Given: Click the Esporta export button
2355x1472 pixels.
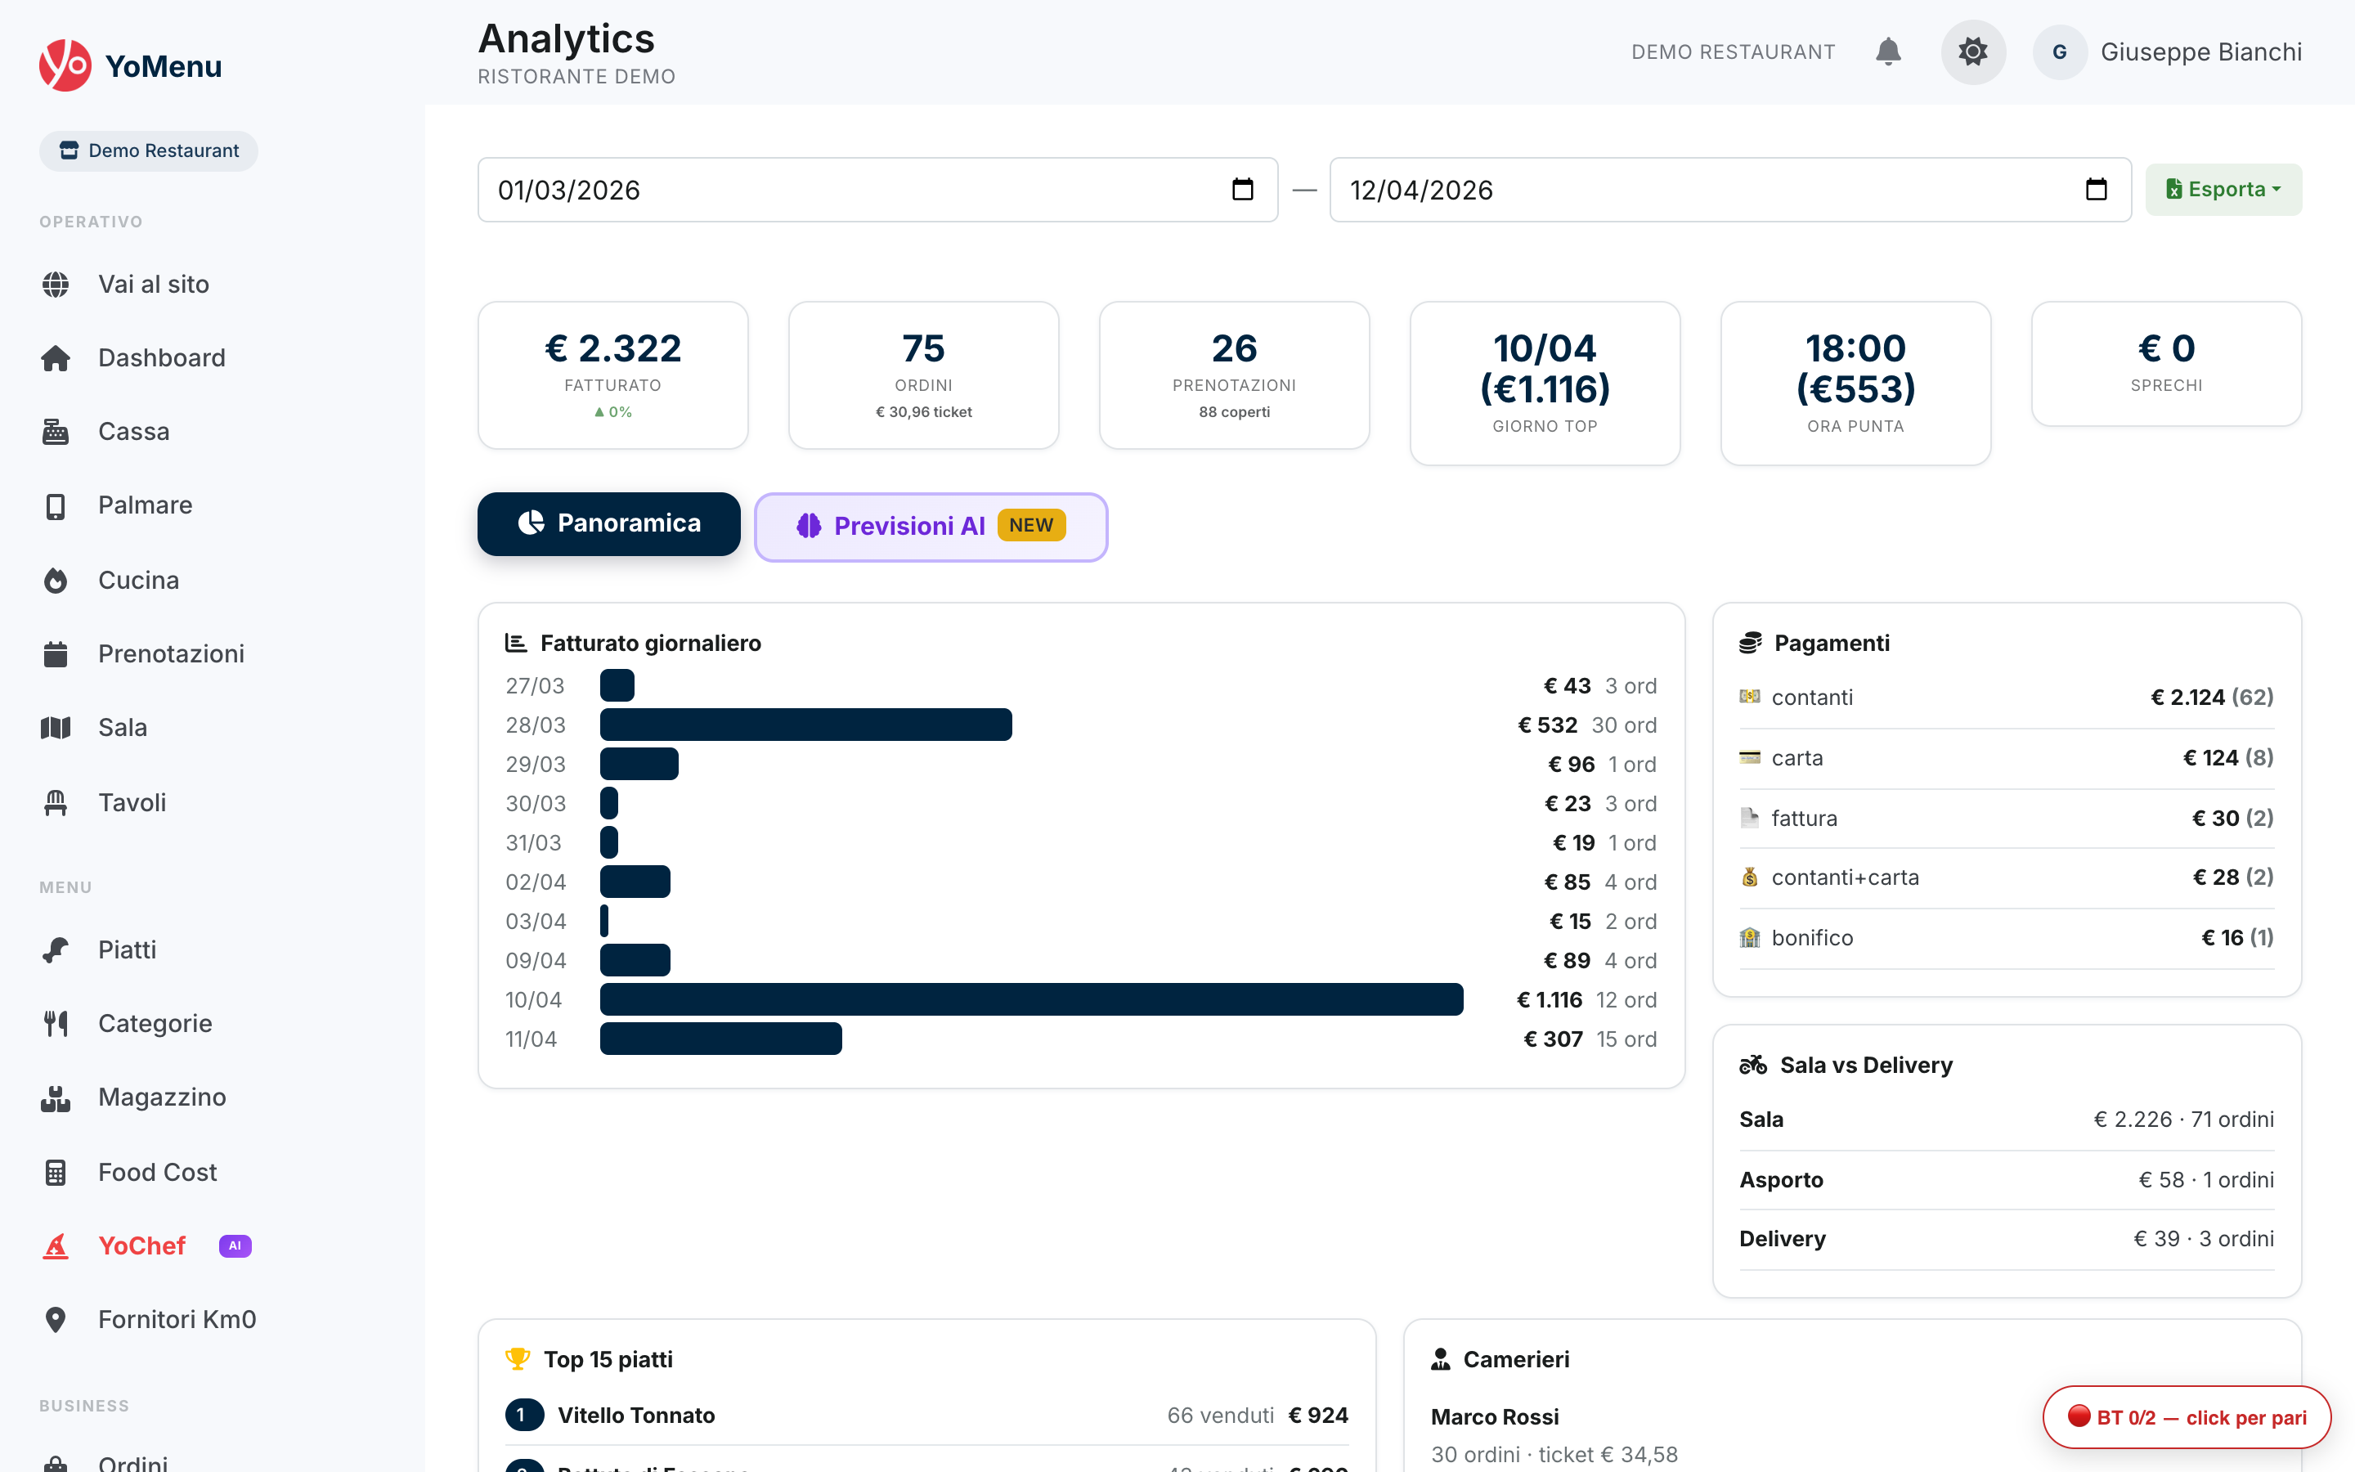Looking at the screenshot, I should [x=2223, y=189].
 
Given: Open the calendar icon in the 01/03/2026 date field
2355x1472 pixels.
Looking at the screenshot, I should [x=1242, y=189].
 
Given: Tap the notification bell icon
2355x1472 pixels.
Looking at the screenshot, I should [x=1888, y=52].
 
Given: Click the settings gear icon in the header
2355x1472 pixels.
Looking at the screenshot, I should [x=1972, y=52].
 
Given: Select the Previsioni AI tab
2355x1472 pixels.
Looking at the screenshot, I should [x=931, y=527].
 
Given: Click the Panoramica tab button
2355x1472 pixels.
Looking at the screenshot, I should [x=608, y=523].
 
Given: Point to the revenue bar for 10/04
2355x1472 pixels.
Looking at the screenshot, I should [x=1030, y=1000].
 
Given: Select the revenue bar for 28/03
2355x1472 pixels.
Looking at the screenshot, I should [x=805, y=725].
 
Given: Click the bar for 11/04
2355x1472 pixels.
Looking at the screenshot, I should [x=720, y=1039].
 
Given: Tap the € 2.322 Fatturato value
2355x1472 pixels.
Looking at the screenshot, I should [x=612, y=348].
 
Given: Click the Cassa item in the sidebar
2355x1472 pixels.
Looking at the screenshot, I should [x=133, y=431].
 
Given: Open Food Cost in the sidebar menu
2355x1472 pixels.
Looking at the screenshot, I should [x=157, y=1172].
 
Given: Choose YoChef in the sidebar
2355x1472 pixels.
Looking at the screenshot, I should [x=141, y=1246].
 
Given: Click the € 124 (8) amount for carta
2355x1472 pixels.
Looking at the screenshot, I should [x=2227, y=757].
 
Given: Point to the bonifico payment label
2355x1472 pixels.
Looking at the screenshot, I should [x=1811, y=937].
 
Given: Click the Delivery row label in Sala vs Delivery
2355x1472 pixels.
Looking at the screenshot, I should [x=1782, y=1238].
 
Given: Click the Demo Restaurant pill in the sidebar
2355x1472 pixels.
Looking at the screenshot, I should [x=148, y=151].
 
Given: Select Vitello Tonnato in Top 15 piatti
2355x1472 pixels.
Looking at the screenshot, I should [x=635, y=1416].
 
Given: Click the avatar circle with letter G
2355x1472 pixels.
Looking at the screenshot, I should [x=2059, y=52].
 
